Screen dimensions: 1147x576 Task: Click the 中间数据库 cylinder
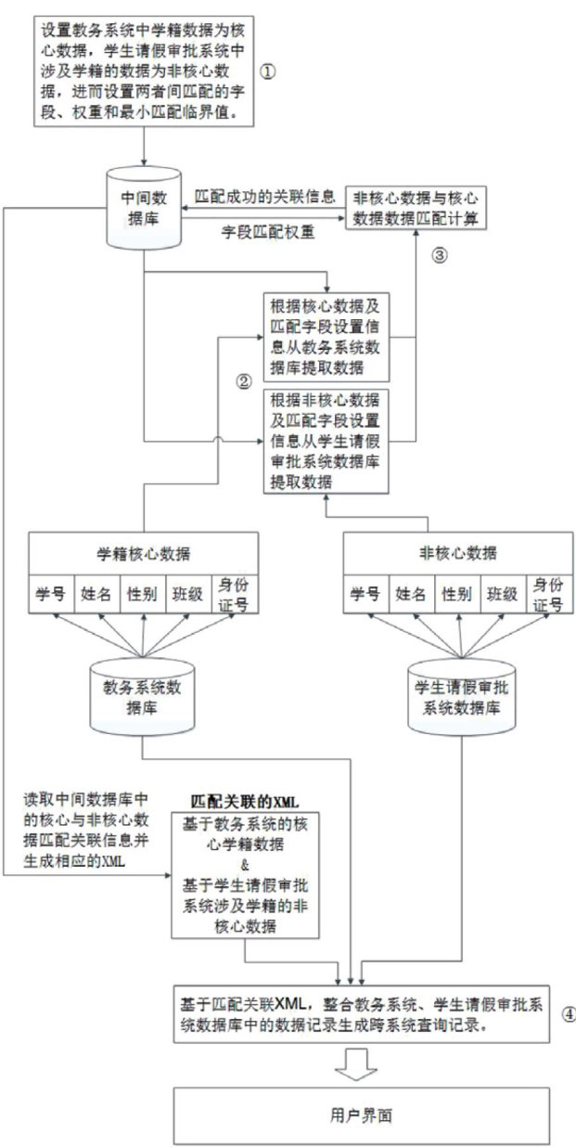click(x=144, y=206)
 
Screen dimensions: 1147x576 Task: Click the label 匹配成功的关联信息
click(x=265, y=196)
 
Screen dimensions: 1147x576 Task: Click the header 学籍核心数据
click(x=145, y=553)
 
